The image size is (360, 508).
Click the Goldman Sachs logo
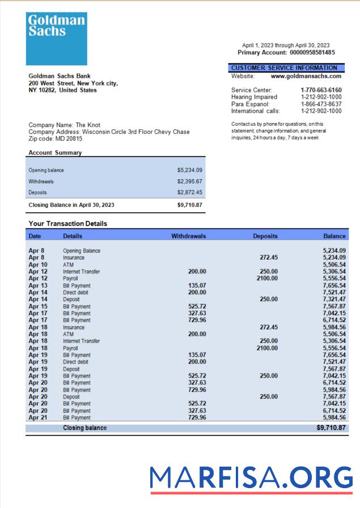(x=56, y=39)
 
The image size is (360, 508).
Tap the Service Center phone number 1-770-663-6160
(x=321, y=90)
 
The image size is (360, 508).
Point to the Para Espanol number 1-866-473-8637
(x=321, y=104)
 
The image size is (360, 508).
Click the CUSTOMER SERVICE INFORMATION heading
(x=284, y=68)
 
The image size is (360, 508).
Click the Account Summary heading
(x=55, y=153)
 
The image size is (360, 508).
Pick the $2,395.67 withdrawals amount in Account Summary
(x=189, y=181)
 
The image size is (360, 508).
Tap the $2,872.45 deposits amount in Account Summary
(x=189, y=193)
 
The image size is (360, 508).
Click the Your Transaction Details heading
(x=67, y=224)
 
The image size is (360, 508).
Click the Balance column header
(x=334, y=236)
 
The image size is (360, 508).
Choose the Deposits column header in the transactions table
(x=265, y=236)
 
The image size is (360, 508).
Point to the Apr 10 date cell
(x=38, y=265)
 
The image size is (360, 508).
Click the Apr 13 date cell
(x=38, y=286)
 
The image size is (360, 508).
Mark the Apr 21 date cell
(x=38, y=418)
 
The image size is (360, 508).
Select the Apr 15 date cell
(x=38, y=307)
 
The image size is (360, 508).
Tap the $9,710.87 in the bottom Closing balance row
(x=331, y=428)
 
